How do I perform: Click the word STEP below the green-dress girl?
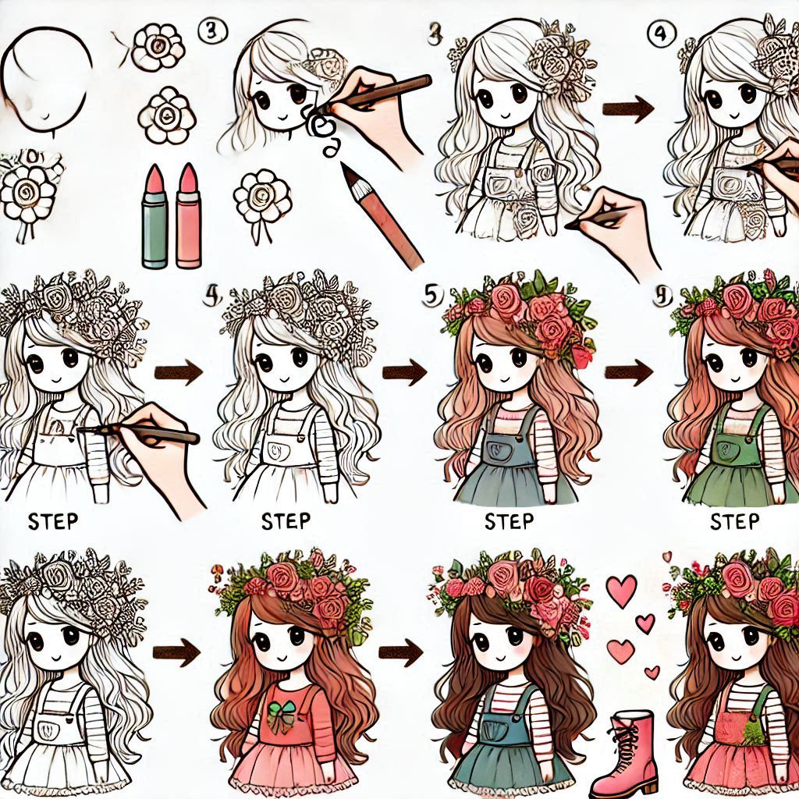(x=734, y=520)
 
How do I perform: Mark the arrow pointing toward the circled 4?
(x=628, y=110)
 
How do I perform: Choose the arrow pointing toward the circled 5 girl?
(x=406, y=371)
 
